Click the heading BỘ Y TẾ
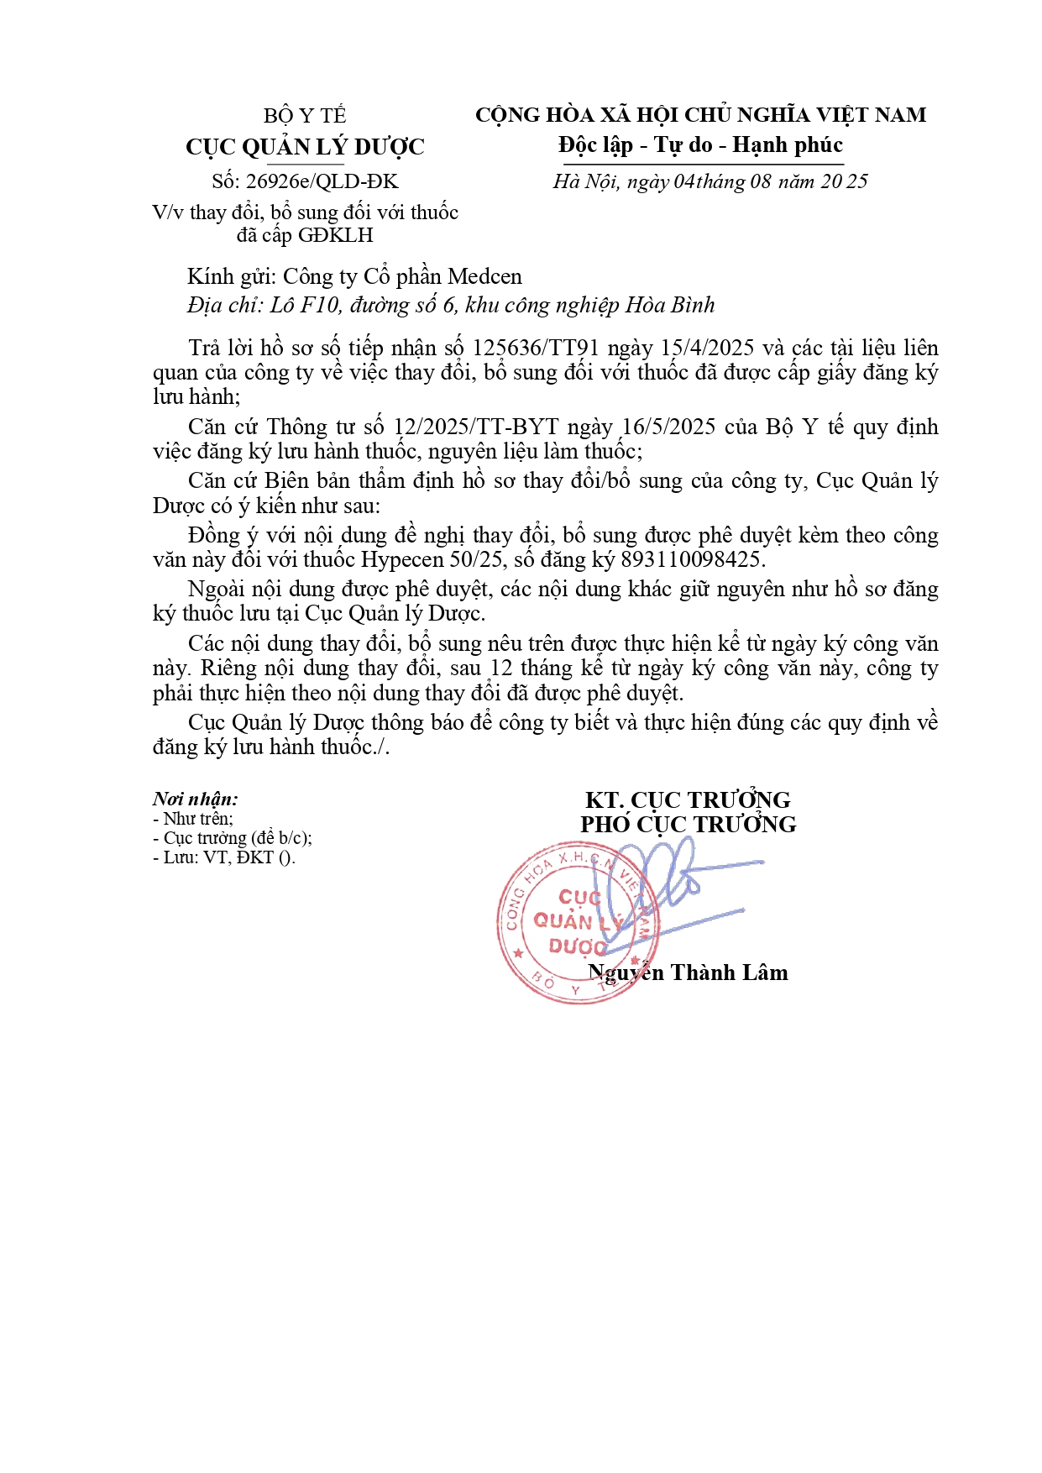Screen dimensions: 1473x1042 pos(305,116)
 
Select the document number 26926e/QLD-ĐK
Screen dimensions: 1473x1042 pos(322,181)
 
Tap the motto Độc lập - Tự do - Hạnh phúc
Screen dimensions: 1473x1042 pos(700,145)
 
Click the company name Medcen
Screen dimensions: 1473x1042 pos(484,277)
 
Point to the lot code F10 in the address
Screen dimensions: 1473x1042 pos(319,305)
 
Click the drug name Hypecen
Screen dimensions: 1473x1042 pos(403,560)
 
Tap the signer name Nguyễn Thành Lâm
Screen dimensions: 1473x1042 pos(688,973)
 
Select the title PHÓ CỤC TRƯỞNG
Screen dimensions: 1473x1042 pos(688,825)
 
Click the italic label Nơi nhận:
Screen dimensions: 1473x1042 pos(195,799)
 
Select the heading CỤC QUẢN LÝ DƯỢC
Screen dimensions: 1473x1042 pos(305,148)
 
